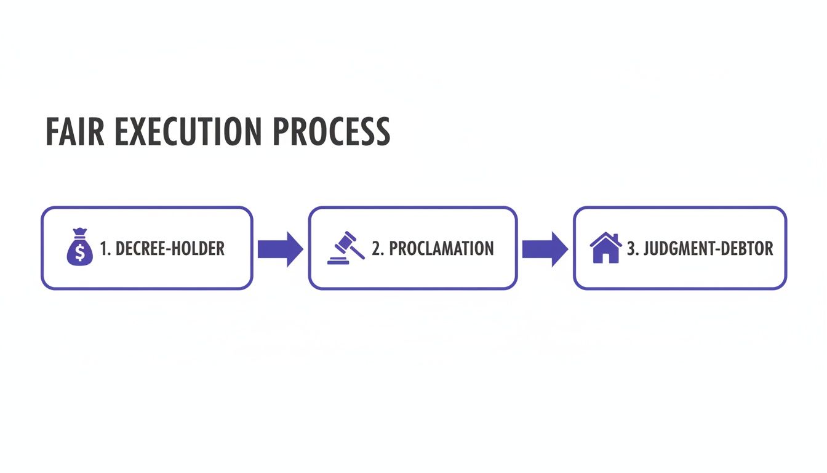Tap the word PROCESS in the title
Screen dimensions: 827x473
coord(331,131)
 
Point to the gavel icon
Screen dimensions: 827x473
coord(345,248)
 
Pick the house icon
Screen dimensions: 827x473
coord(605,248)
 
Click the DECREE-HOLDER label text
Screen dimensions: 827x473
coord(170,249)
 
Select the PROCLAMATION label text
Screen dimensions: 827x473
coord(441,249)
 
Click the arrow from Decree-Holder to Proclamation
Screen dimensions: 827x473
coord(280,249)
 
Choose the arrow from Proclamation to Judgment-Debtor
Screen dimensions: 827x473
coord(545,249)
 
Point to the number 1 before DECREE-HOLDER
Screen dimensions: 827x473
coord(103,249)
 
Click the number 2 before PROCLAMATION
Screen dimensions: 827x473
coord(376,249)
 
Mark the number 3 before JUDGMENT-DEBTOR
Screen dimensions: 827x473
coord(631,249)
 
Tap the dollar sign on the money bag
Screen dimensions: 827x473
coord(79,253)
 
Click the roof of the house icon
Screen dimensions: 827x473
coord(605,239)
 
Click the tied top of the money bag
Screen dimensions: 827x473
coord(79,232)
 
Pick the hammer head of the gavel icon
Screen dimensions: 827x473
coord(348,239)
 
